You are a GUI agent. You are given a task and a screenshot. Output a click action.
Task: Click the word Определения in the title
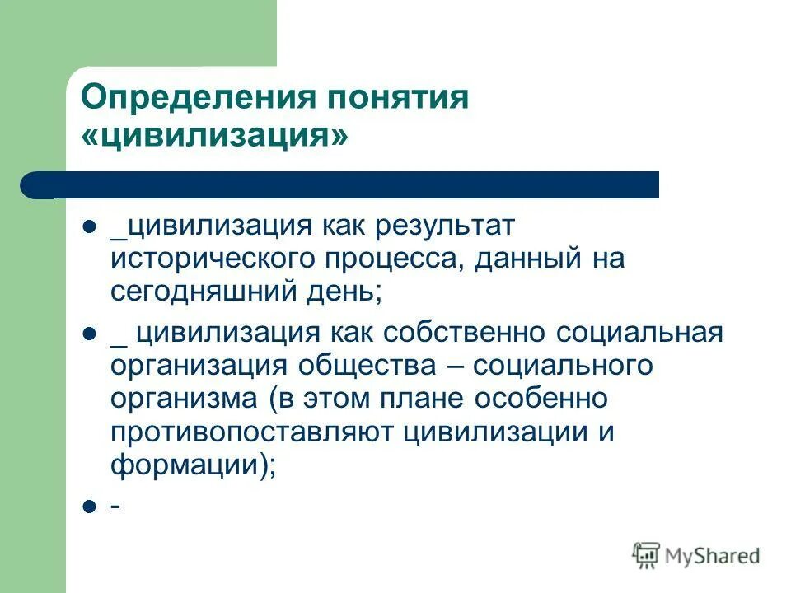tap(198, 98)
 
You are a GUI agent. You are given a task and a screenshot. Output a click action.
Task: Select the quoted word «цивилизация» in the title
tap(214, 137)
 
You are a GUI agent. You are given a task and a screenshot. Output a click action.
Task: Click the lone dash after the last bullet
tap(115, 506)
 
